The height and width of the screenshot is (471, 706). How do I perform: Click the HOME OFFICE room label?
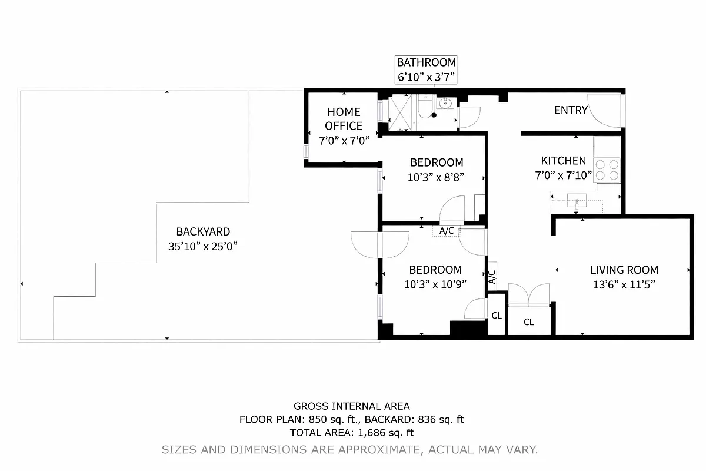pos(344,118)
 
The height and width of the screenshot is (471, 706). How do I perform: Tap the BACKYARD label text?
pos(203,232)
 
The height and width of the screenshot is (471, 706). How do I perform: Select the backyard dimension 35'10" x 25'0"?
pos(203,247)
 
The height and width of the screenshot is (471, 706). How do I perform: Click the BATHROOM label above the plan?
pos(426,62)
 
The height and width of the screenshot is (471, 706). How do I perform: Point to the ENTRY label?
pos(571,110)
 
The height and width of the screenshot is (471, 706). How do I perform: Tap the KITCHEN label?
pos(563,161)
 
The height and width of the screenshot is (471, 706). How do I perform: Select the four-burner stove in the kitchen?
pos(607,170)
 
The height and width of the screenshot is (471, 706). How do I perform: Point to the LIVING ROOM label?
pos(624,270)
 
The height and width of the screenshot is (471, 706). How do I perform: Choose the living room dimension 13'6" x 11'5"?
pos(624,284)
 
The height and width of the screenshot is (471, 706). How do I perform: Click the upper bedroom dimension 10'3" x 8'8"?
pos(437,177)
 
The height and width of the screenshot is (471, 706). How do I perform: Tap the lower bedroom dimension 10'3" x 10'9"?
pos(435,284)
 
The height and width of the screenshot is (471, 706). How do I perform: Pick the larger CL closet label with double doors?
pos(529,322)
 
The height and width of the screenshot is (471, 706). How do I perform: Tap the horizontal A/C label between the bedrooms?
pos(447,230)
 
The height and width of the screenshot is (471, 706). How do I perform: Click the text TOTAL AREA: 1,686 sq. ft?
pos(352,433)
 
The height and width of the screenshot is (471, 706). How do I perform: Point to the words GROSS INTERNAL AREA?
pos(352,406)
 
